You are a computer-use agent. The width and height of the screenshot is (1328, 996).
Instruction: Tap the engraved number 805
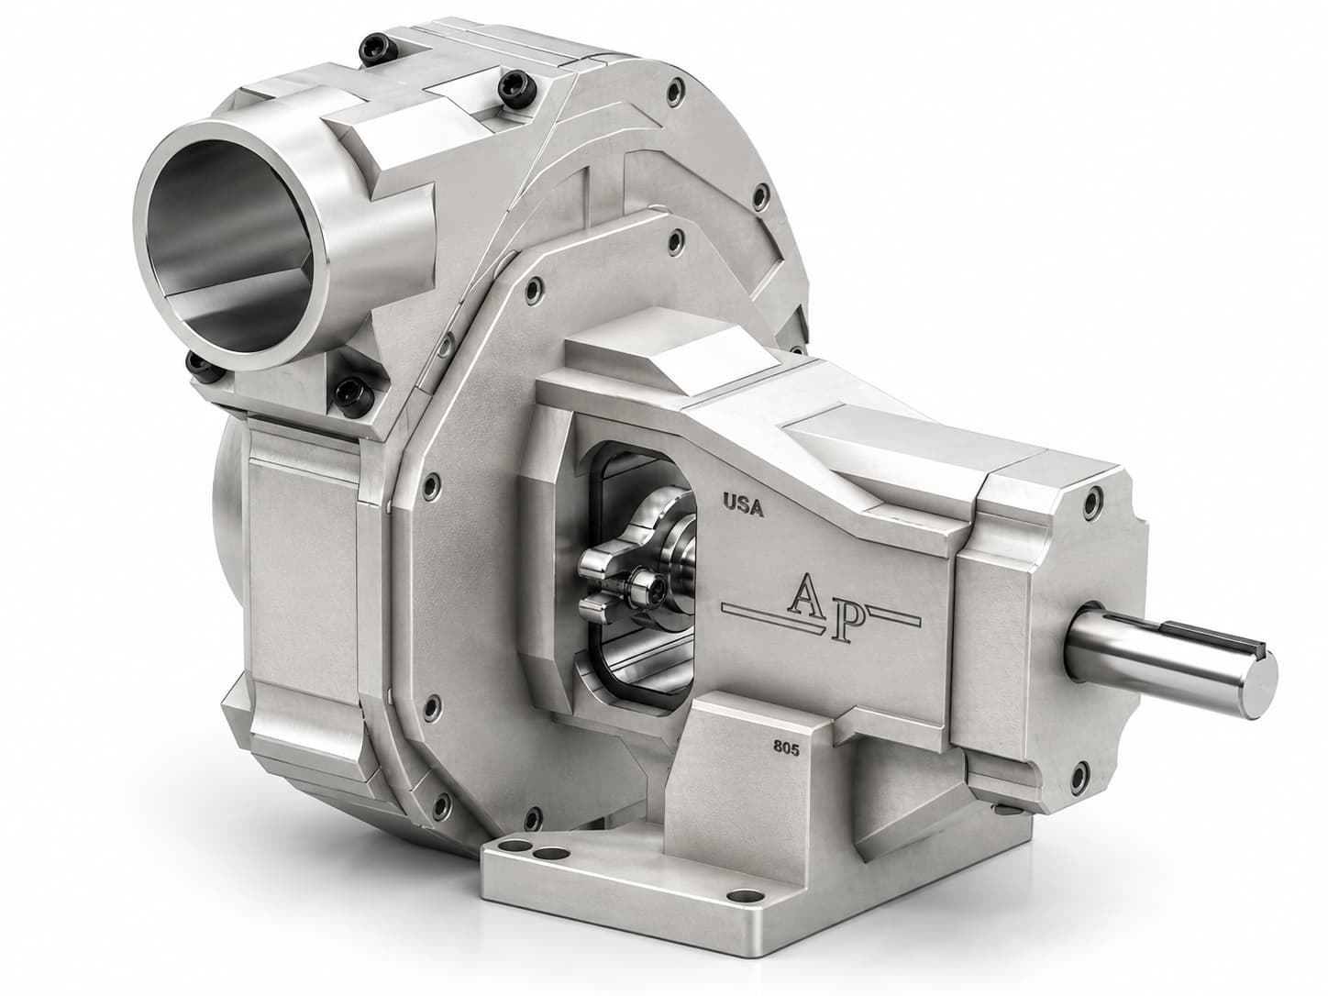click(786, 749)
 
